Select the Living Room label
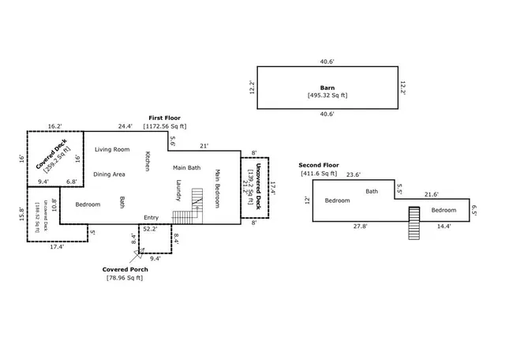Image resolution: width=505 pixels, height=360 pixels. (112, 149)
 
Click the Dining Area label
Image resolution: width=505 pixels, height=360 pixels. (110, 174)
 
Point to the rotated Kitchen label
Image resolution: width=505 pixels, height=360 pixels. (147, 161)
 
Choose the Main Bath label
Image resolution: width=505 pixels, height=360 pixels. (187, 167)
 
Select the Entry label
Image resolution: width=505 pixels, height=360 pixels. (151, 218)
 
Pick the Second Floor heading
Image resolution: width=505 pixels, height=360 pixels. (318, 165)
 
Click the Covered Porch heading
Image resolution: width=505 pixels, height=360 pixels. (125, 269)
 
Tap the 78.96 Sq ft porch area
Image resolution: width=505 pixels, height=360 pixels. (125, 278)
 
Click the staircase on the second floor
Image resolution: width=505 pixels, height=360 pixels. (413, 222)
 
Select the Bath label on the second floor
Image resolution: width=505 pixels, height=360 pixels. (372, 191)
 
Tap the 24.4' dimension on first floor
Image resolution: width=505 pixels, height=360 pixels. (125, 126)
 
